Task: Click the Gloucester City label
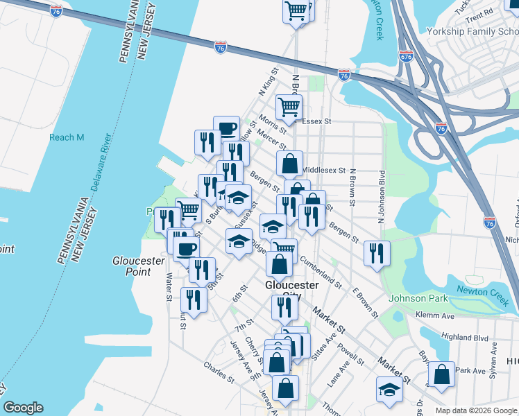pos(291,291)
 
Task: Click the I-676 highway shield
pos(407,56)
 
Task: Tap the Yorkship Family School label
pos(472,32)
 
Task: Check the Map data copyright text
pos(476,410)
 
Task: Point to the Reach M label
pos(67,137)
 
